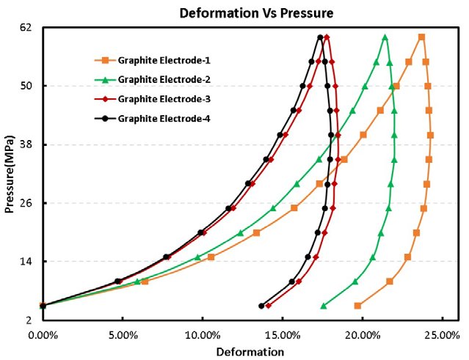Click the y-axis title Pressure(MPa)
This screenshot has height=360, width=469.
pyautogui.click(x=10, y=174)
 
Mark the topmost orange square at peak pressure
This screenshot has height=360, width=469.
pyautogui.click(x=421, y=37)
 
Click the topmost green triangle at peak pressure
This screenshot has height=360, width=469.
pyautogui.click(x=385, y=37)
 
